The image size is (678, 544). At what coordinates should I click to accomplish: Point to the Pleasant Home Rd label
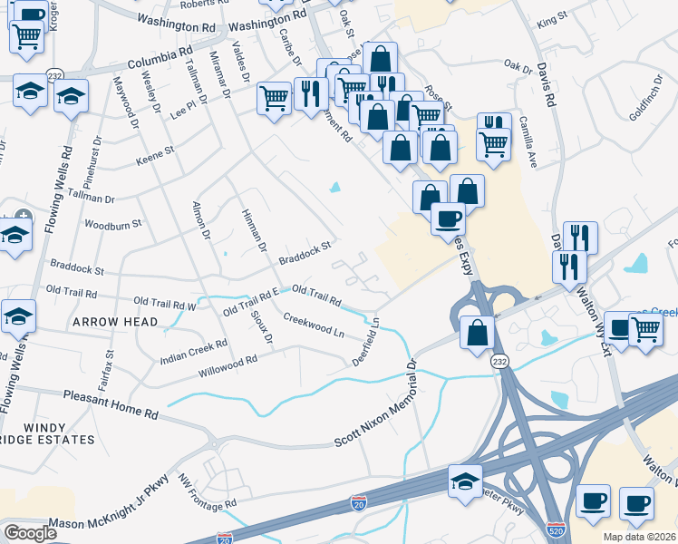(x=111, y=403)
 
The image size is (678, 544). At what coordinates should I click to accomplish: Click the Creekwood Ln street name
(x=314, y=325)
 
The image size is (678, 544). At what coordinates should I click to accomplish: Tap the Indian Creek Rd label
(x=193, y=352)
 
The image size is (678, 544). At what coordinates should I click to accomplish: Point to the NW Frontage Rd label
(x=207, y=491)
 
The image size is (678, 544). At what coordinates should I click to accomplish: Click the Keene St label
(x=154, y=156)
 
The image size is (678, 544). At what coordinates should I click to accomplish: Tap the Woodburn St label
(x=113, y=223)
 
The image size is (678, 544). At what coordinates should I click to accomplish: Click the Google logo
(x=30, y=532)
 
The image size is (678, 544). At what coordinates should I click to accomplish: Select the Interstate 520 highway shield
(x=557, y=527)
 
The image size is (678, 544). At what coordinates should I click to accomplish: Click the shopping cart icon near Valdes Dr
(x=274, y=98)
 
